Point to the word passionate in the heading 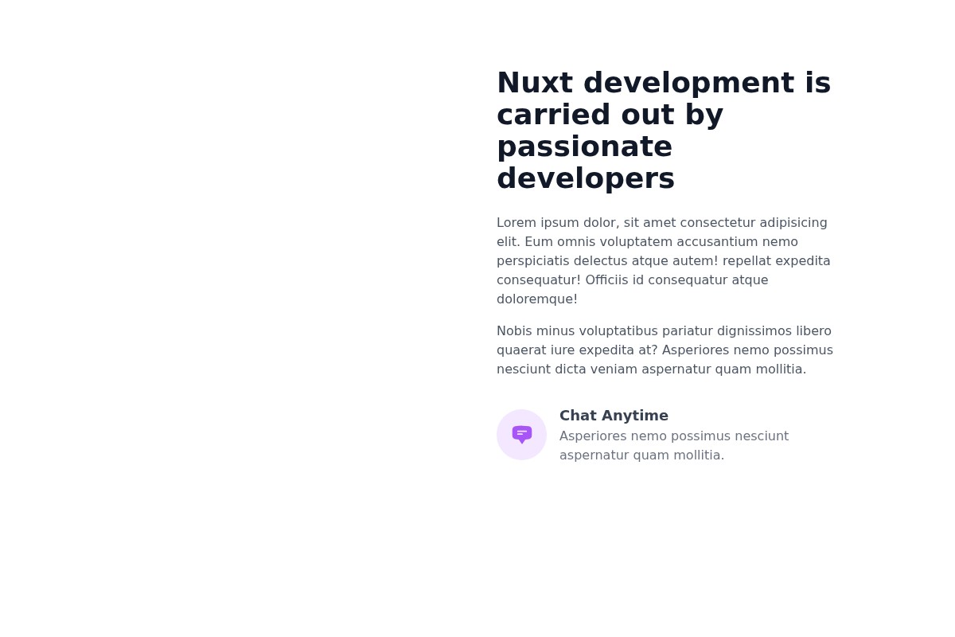pyautogui.click(x=584, y=147)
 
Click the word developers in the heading pyautogui.click(x=585, y=179)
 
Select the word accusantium pyautogui.click(x=712, y=242)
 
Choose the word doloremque pyautogui.click(x=536, y=299)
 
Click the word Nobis pyautogui.click(x=514, y=331)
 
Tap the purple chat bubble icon pyautogui.click(x=521, y=435)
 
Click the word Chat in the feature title pyautogui.click(x=577, y=416)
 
